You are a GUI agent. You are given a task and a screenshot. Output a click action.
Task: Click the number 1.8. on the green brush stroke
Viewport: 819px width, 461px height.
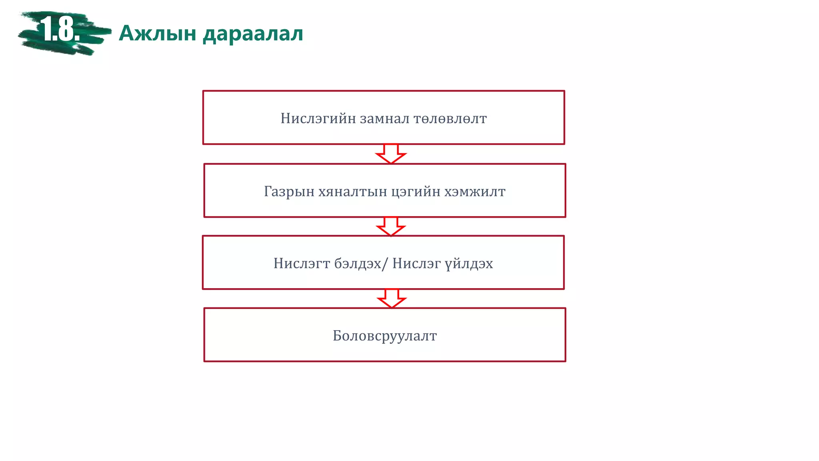pos(60,29)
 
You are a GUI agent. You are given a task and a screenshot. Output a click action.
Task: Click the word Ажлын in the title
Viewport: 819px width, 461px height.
pos(158,33)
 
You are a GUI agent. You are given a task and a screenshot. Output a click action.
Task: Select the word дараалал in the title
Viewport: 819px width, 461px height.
pos(253,34)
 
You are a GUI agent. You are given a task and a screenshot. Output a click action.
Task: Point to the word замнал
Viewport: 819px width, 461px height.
pos(385,118)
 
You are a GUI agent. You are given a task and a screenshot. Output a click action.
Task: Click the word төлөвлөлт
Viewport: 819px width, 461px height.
pos(450,118)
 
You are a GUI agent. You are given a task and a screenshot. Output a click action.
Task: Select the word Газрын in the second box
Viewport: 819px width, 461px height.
pos(289,191)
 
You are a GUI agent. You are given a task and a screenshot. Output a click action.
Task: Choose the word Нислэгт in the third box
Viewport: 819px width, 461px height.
pos(302,263)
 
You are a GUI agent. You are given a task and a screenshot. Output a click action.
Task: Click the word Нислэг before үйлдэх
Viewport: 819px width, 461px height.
pos(417,263)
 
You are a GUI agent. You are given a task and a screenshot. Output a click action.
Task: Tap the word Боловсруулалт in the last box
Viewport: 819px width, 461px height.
pos(385,336)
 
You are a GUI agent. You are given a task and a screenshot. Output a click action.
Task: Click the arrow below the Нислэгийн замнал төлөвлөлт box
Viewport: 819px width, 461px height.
pos(391,154)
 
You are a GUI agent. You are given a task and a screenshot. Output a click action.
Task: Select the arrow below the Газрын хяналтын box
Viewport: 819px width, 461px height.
pos(391,226)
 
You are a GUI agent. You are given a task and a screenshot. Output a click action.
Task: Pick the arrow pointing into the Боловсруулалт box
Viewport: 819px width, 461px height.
pos(392,299)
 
